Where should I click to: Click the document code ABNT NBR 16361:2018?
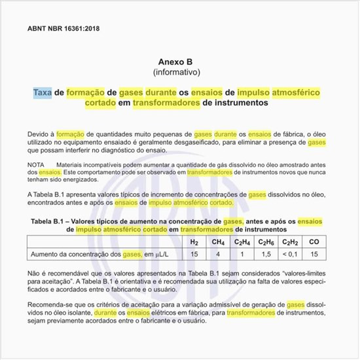[64, 29]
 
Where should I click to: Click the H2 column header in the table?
[194, 242]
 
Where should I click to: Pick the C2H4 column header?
[242, 242]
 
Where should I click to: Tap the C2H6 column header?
[266, 242]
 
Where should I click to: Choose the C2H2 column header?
[290, 242]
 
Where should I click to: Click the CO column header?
[314, 242]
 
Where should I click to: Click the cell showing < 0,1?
[290, 254]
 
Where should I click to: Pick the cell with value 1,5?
[266, 254]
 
